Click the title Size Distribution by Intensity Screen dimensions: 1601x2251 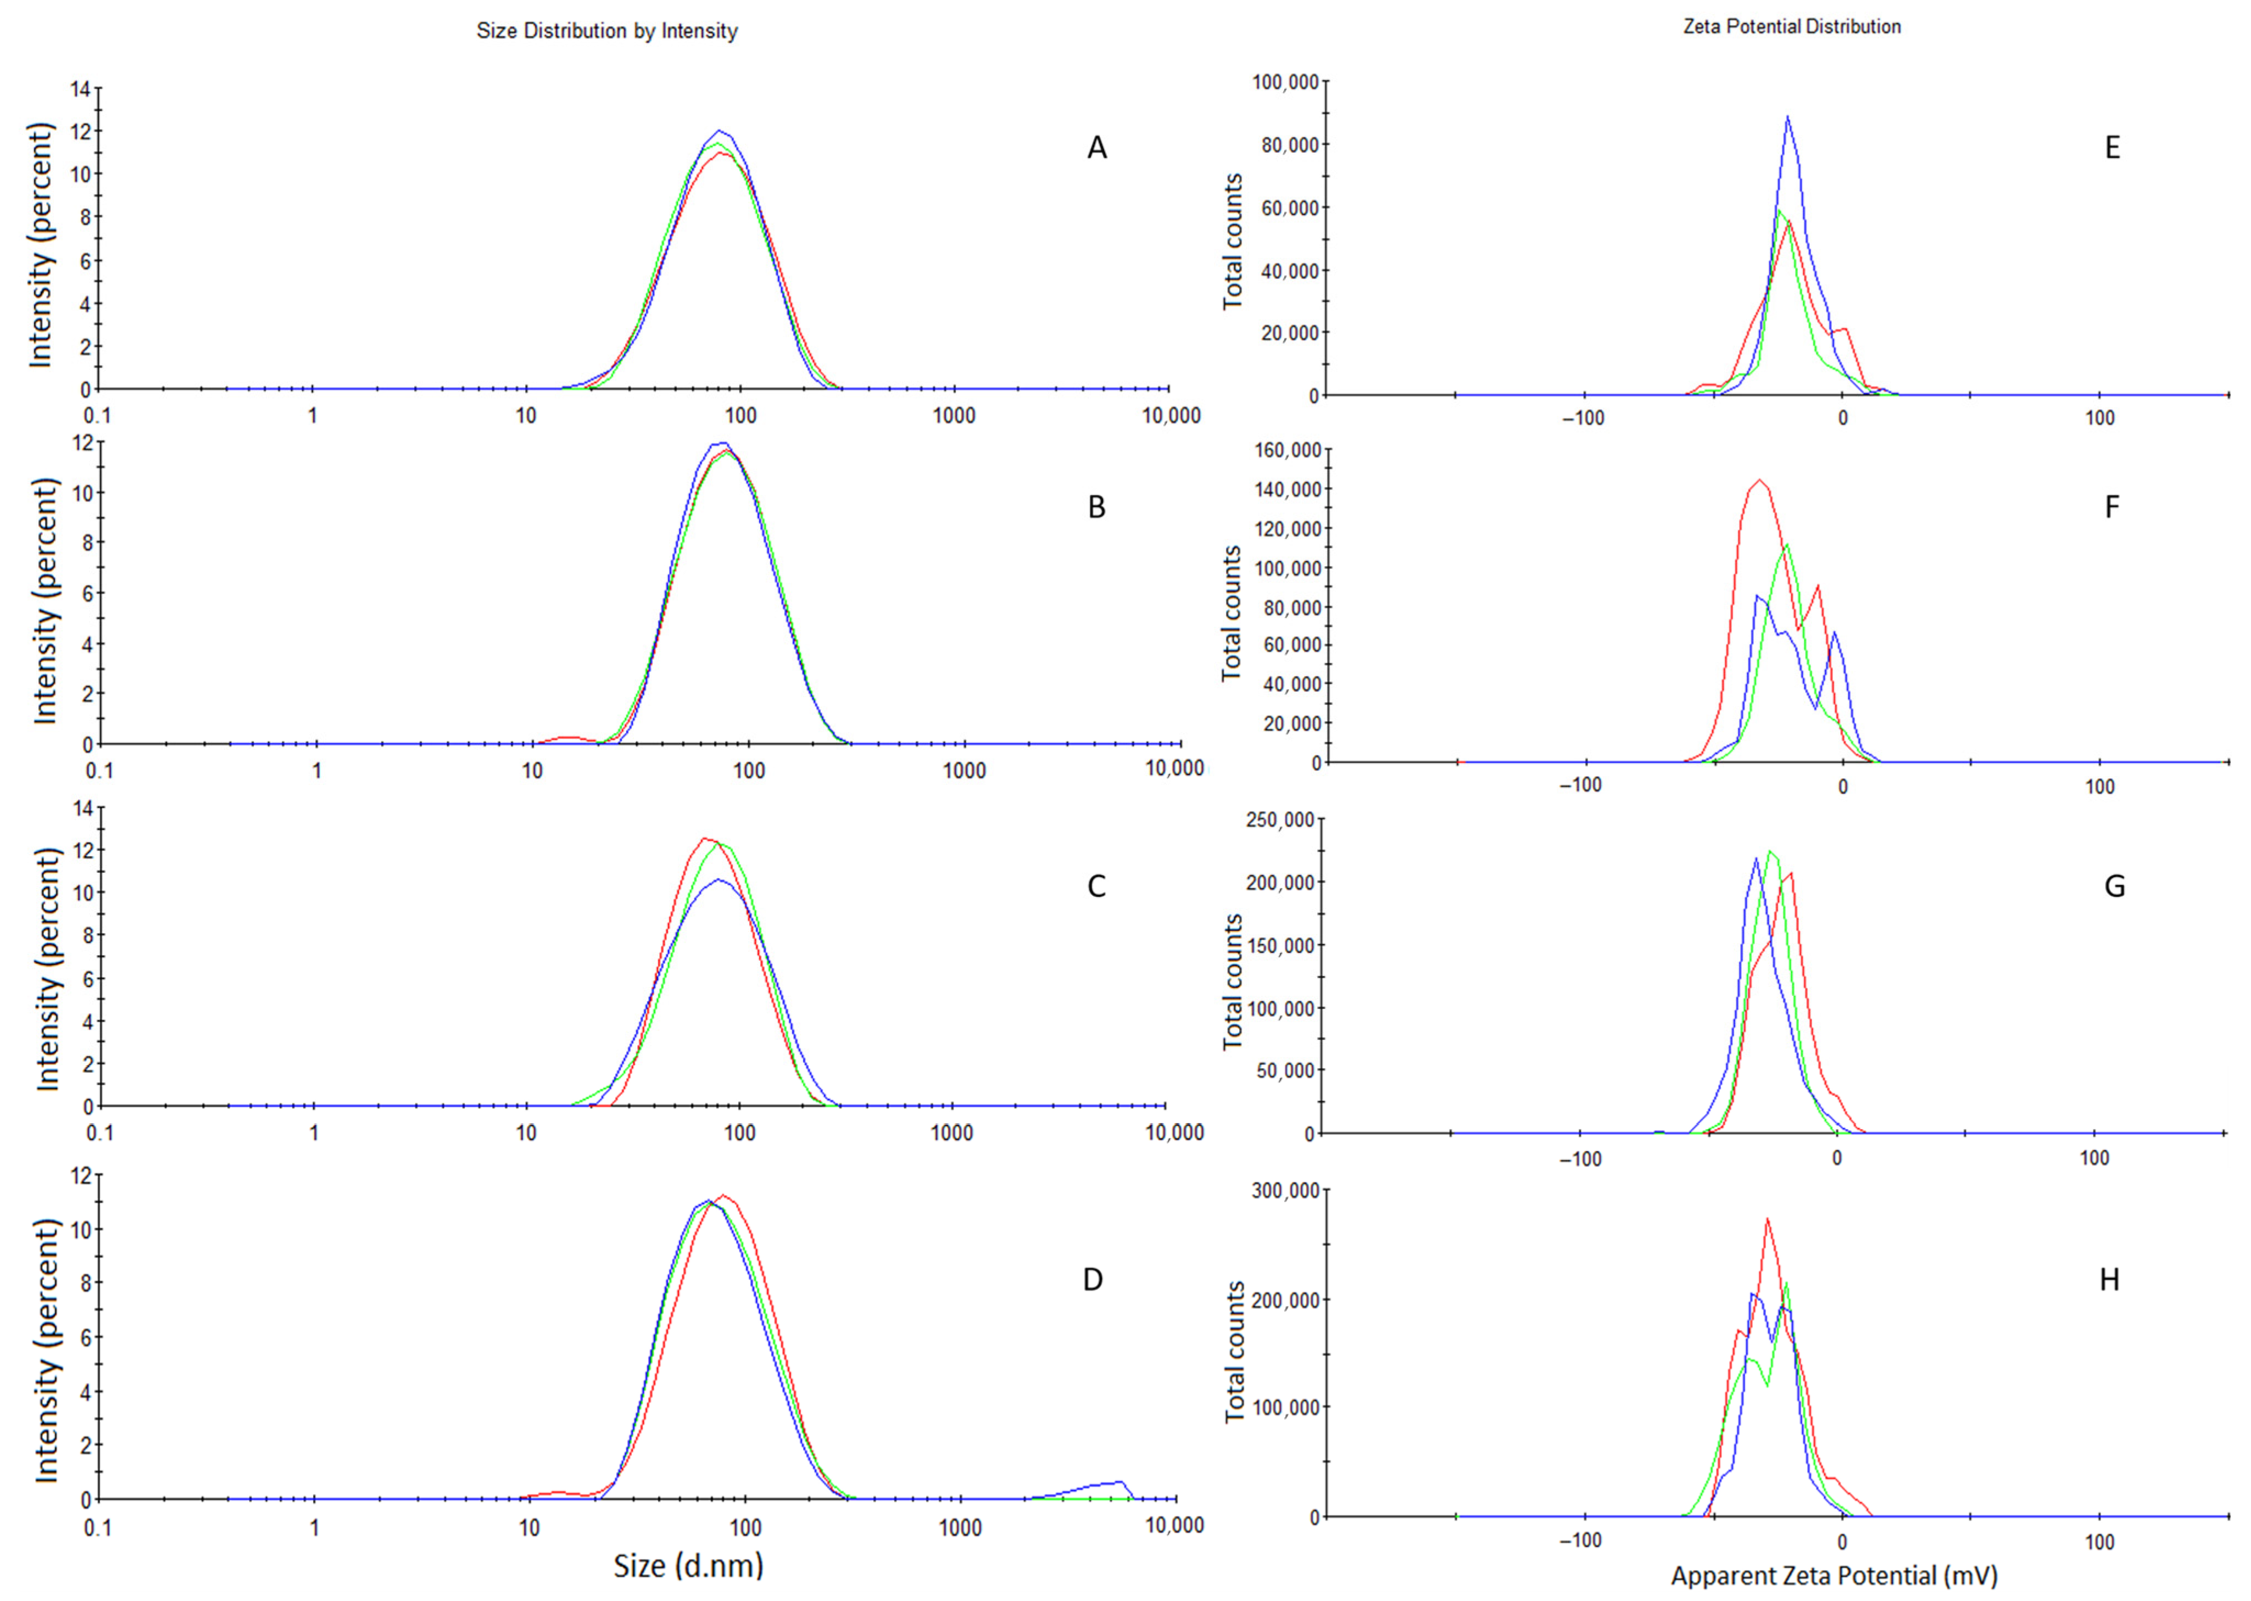pos(606,31)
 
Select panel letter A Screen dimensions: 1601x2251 pos(1096,148)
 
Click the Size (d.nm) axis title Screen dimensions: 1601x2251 pos(688,1565)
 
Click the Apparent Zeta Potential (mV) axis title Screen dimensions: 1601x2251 pos(1834,1575)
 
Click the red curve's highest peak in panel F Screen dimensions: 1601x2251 pos(1760,481)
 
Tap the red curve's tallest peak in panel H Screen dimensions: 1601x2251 pos(1767,1219)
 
